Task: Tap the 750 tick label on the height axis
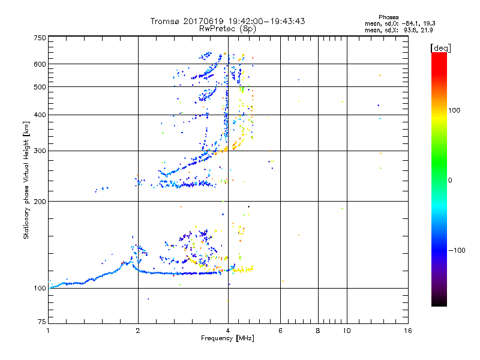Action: (40, 37)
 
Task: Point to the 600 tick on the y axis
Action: (40, 64)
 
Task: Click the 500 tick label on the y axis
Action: (40, 87)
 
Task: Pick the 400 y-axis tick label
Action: (40, 115)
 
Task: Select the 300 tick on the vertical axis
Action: (40, 151)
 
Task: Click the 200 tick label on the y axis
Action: (40, 202)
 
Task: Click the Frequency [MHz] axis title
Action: (227, 339)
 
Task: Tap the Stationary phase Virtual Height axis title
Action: (26, 180)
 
